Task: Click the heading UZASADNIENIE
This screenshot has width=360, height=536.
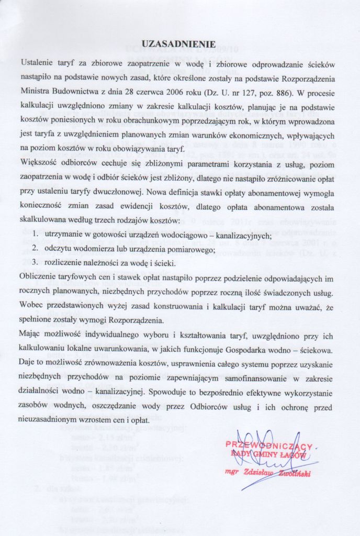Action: [179, 44]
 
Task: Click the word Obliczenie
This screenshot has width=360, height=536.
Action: [40, 276]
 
